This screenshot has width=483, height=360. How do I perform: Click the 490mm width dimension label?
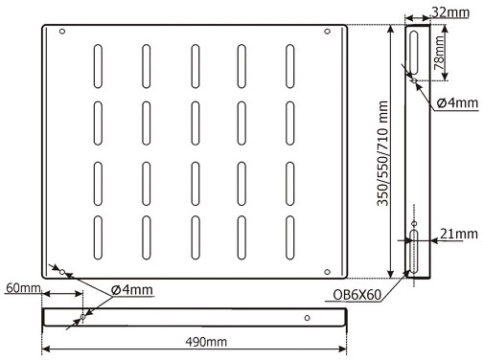click(206, 342)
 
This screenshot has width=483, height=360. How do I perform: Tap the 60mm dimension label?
click(23, 288)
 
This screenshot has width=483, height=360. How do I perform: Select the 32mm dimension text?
click(450, 12)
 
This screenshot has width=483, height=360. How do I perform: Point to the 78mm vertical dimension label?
click(439, 53)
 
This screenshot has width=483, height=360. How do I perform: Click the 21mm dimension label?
click(459, 234)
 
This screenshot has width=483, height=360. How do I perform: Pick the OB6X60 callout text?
click(357, 295)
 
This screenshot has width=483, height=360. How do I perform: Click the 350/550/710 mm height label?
click(382, 153)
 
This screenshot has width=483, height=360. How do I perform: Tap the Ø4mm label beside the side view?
click(457, 102)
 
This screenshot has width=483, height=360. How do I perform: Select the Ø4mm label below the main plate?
click(132, 290)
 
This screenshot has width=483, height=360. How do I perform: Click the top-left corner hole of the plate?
click(62, 32)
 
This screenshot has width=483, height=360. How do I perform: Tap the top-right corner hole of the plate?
click(327, 32)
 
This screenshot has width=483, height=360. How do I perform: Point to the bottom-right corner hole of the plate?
click(327, 272)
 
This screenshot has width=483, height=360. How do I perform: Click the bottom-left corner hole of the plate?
click(62, 272)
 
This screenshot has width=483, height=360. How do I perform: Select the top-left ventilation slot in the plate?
click(98, 66)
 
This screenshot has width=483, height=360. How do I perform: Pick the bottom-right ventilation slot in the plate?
click(290, 237)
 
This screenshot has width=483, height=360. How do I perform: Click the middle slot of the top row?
click(195, 66)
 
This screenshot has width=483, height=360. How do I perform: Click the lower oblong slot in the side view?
click(414, 251)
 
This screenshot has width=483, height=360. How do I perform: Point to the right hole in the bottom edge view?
click(307, 318)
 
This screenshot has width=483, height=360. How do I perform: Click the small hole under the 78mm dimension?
click(414, 80)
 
